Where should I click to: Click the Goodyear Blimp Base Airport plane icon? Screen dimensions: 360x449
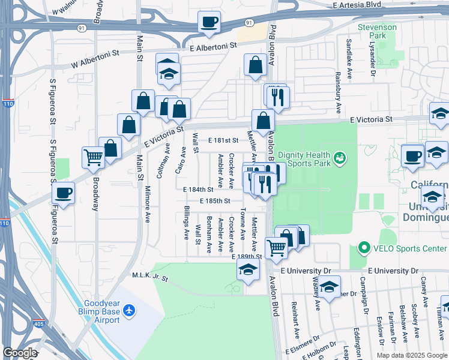[x=129, y=310]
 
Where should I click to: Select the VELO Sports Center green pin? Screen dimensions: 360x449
[x=363, y=248]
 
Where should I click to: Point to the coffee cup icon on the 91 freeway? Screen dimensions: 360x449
[x=209, y=23]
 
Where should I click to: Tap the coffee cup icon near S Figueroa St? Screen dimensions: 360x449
[x=63, y=193]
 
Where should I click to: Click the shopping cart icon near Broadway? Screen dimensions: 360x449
[x=94, y=157]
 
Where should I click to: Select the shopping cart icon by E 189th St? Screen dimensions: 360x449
[x=276, y=247]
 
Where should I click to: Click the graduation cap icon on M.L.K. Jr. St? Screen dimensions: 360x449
[x=247, y=270]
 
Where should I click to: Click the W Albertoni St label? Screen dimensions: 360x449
[x=95, y=58]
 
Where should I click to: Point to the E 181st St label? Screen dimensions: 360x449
[x=223, y=140]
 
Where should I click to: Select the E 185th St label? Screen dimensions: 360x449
[x=215, y=201]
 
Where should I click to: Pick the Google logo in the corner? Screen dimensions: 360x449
[x=20, y=353]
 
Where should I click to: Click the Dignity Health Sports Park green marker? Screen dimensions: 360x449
[x=340, y=158]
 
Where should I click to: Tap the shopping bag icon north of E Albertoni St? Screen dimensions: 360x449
[x=256, y=67]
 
